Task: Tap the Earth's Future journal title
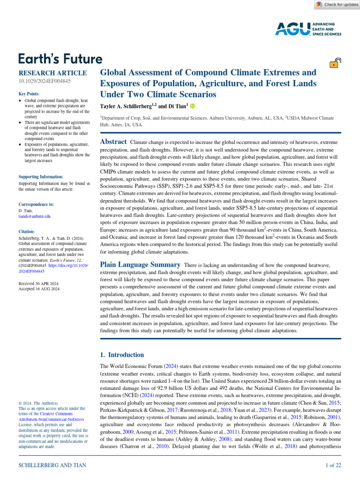[x=60, y=59]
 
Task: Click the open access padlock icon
[x=336, y=64]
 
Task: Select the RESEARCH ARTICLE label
[x=52, y=73]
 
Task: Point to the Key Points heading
[x=29, y=94]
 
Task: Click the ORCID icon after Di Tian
[x=192, y=107]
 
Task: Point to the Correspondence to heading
[x=36, y=204]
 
